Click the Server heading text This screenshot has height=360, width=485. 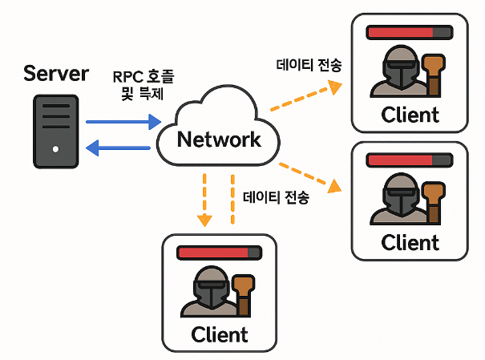(56, 74)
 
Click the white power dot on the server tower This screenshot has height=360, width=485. (55, 149)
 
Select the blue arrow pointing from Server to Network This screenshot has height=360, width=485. (123, 122)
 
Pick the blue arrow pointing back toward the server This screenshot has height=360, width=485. (118, 148)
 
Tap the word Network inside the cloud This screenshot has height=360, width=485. (219, 140)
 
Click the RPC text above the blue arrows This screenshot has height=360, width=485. (127, 77)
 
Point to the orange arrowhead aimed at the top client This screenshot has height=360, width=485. (335, 87)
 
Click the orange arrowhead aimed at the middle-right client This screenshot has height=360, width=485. (334, 186)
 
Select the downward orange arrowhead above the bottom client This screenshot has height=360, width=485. (204, 220)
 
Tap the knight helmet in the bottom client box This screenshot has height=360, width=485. (212, 288)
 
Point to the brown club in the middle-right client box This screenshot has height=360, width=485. (434, 203)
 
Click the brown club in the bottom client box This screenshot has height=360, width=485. (244, 295)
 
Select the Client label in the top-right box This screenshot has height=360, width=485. (410, 115)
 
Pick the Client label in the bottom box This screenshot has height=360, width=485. (220, 334)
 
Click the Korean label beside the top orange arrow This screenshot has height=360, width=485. (309, 65)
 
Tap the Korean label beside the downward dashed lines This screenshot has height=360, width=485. (276, 197)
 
